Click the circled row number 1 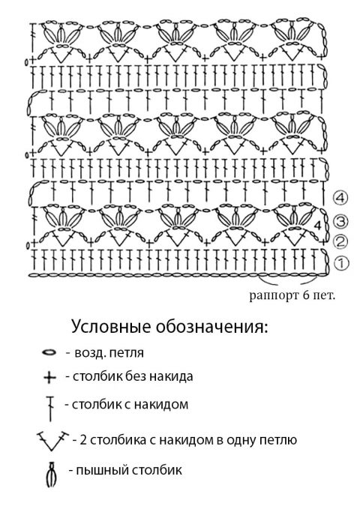tap(341, 263)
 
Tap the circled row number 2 tap(341, 242)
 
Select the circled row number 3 tap(341, 221)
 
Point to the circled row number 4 tap(340, 197)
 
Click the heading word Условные tap(111, 327)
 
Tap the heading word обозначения tap(211, 328)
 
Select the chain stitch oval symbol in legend tap(49, 352)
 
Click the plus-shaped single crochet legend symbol tap(49, 377)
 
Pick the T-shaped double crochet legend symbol tap(50, 409)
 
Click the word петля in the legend tap(127, 353)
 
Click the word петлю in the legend tap(278, 440)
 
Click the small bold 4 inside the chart tap(318, 225)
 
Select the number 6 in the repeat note tap(306, 295)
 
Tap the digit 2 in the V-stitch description tap(83, 440)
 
